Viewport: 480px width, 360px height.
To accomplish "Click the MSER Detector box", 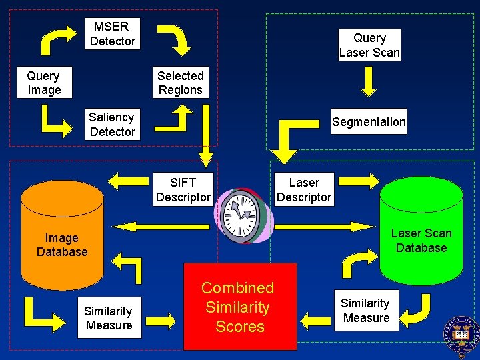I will coord(113,34).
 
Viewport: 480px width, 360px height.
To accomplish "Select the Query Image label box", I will coord(44,83).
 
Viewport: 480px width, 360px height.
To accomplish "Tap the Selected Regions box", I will coord(180,83).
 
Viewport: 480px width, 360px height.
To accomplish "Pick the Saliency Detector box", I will coord(112,125).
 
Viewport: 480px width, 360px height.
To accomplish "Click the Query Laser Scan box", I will coord(369,45).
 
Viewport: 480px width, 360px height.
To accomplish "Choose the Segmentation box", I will coord(368,122).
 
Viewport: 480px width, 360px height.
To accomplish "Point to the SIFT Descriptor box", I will coord(183,190).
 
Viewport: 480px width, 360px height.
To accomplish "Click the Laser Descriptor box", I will coord(303,190).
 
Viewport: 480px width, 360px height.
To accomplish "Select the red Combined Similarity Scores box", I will coord(240,307).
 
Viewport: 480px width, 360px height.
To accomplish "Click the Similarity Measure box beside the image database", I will coord(109,318).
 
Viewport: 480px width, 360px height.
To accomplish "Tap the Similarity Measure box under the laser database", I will coord(365,311).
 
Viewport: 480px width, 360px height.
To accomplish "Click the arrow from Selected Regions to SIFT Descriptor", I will coord(207,133).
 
